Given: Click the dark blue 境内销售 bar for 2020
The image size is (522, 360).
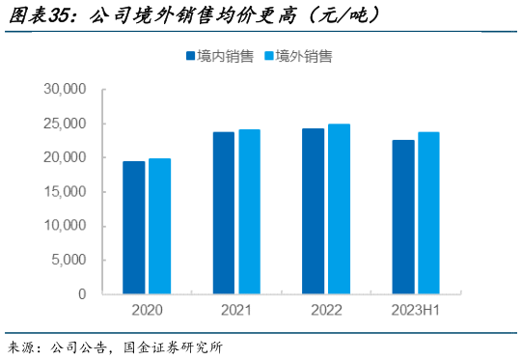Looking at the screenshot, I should tap(134, 228).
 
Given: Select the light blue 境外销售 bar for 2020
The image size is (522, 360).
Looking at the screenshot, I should tap(159, 226).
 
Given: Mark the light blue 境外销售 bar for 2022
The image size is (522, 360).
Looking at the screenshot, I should tap(339, 208).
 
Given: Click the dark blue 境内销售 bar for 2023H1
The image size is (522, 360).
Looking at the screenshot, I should tap(403, 217).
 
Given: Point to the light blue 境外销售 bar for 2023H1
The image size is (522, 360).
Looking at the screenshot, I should tap(428, 213).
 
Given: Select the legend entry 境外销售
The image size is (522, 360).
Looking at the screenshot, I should tap(298, 57).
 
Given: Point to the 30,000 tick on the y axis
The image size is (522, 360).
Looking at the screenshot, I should tap(66, 89).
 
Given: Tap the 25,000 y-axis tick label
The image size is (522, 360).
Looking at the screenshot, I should tap(66, 124).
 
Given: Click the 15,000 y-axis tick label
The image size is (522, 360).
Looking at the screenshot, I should tap(66, 192).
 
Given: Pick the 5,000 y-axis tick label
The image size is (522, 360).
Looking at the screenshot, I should tap(69, 260).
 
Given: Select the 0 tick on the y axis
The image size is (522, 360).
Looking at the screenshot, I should tap(82, 293).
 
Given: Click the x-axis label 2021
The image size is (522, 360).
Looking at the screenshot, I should tap(236, 311).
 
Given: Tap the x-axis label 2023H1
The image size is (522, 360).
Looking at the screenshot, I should tap(416, 311).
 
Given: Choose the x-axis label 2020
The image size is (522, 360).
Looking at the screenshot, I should tap(147, 311).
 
